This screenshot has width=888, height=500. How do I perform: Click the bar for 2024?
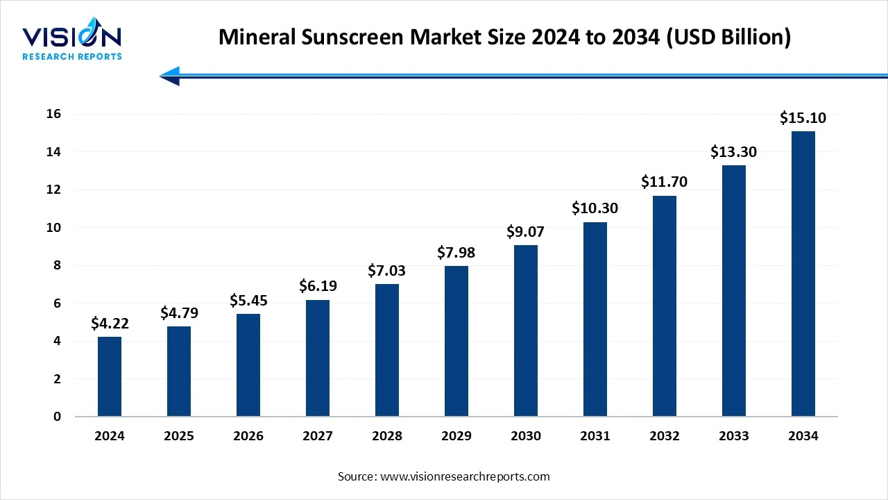tap(110, 376)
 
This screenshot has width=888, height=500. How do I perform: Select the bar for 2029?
tap(456, 341)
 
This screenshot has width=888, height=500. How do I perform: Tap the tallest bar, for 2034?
tap(803, 274)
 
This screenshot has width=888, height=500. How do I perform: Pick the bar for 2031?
tap(595, 319)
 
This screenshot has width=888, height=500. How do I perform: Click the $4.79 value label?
tap(179, 312)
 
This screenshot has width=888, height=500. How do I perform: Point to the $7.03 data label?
tap(387, 270)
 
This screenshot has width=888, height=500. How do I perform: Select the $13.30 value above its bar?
tap(733, 151)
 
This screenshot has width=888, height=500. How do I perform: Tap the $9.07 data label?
tap(526, 231)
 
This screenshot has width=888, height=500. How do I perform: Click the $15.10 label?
tap(803, 118)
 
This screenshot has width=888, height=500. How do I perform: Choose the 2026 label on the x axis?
tap(248, 436)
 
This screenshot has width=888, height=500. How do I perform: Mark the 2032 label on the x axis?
tap(665, 436)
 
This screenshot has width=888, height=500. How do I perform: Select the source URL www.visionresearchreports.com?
tap(465, 476)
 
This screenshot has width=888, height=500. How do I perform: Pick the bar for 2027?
tap(318, 358)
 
